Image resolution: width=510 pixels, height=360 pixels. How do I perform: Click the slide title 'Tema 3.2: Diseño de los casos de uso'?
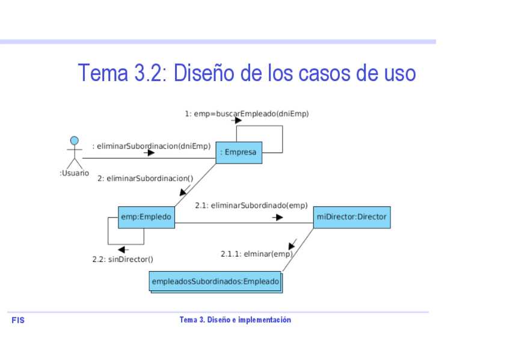click(247, 73)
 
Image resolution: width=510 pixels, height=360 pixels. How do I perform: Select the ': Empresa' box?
click(238, 153)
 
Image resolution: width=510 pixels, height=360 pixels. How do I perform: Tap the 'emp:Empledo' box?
click(146, 217)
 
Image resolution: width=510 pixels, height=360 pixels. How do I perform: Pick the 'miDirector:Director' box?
click(352, 217)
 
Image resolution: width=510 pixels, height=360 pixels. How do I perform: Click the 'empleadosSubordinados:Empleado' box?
click(215, 281)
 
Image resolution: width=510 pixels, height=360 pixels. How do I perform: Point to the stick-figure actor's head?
click(74, 141)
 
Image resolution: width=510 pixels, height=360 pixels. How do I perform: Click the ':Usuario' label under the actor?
click(74, 173)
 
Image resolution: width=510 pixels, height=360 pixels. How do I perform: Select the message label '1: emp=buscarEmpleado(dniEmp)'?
click(247, 114)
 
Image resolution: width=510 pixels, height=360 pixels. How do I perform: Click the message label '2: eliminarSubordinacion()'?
click(145, 178)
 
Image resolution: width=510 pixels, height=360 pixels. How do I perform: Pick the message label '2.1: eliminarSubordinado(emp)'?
click(251, 206)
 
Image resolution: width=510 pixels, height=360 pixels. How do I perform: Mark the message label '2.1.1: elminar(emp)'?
click(256, 254)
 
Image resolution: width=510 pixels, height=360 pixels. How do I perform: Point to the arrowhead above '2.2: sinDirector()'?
click(122, 249)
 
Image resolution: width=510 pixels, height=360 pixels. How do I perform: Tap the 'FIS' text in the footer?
click(18, 320)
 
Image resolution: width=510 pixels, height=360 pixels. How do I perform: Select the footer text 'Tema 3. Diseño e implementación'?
click(235, 320)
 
